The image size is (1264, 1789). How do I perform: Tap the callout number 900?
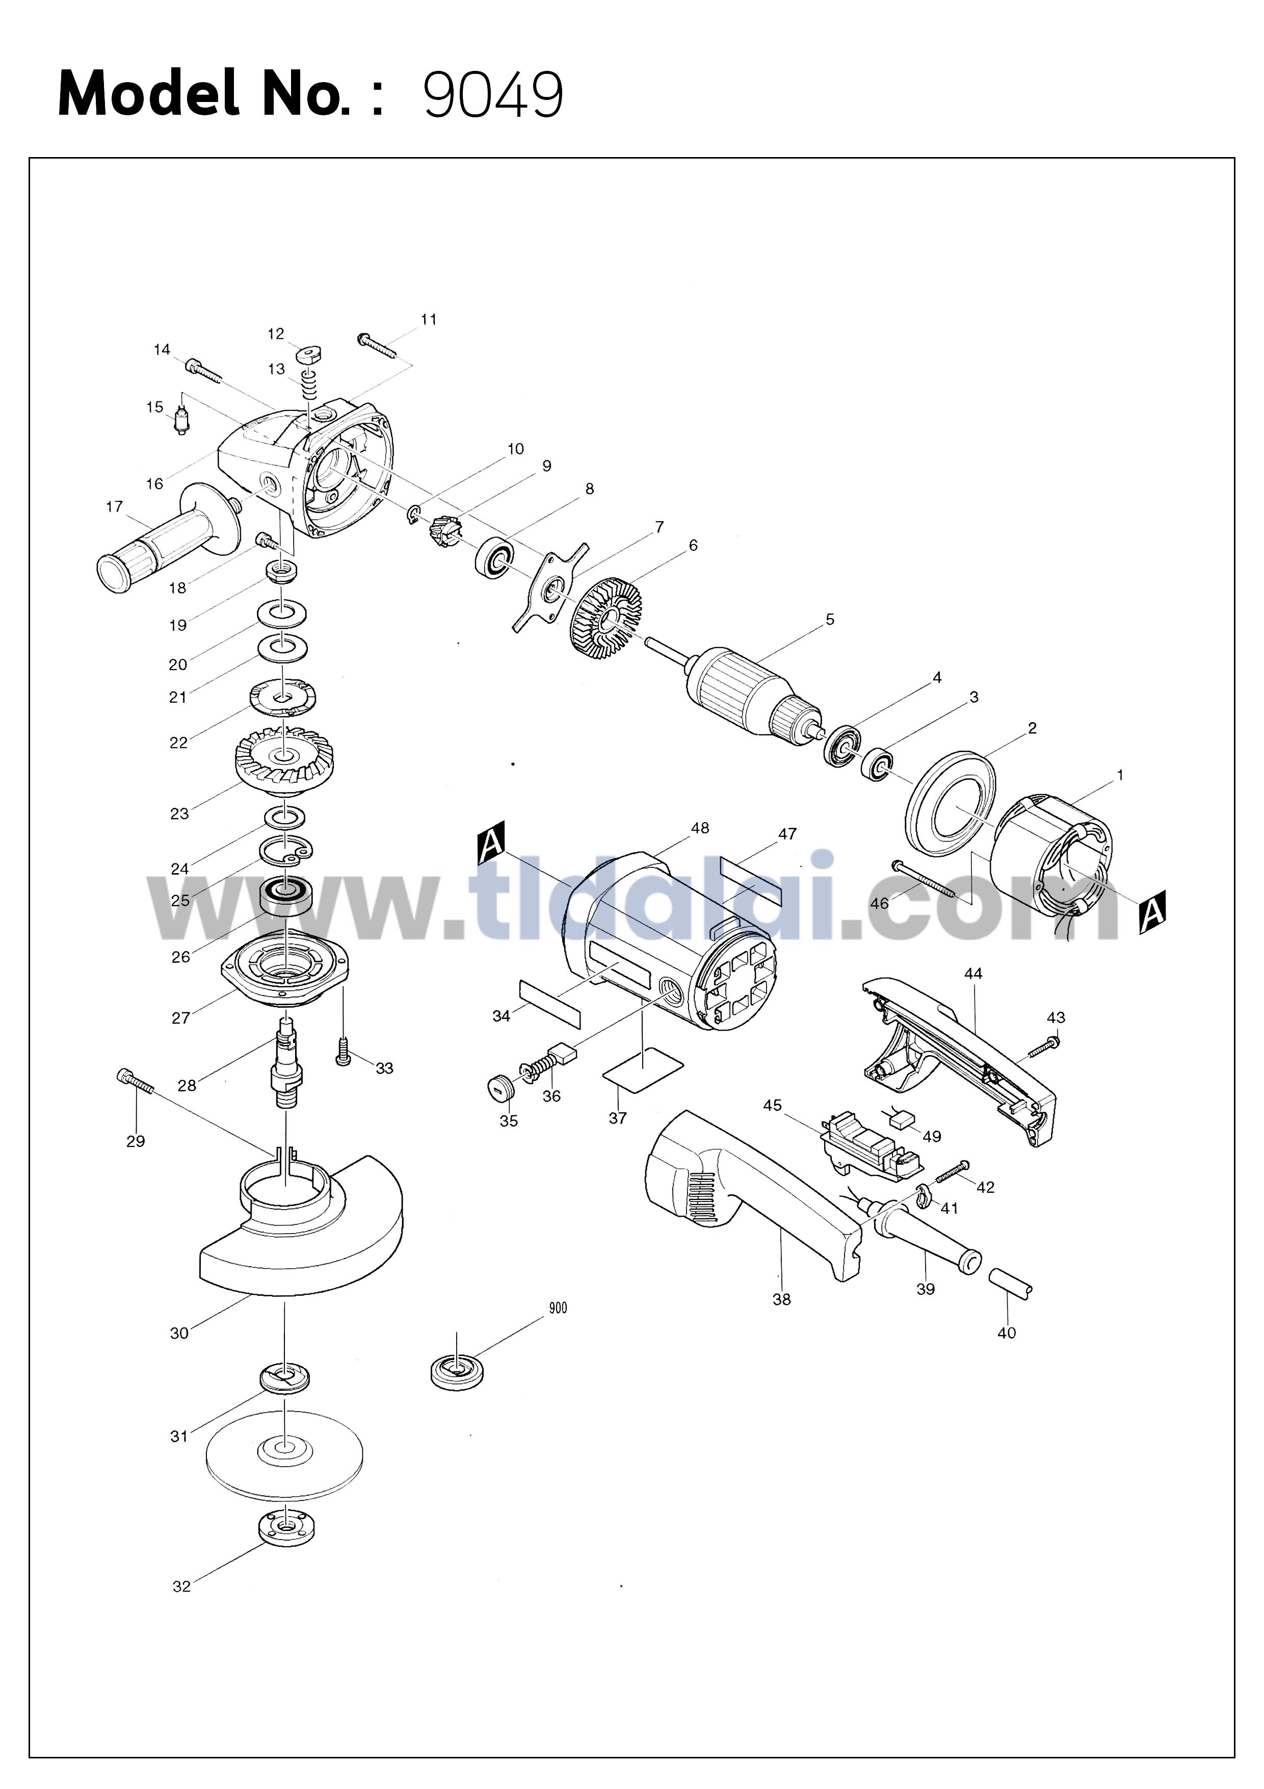558,1308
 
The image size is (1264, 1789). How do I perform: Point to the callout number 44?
973,973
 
